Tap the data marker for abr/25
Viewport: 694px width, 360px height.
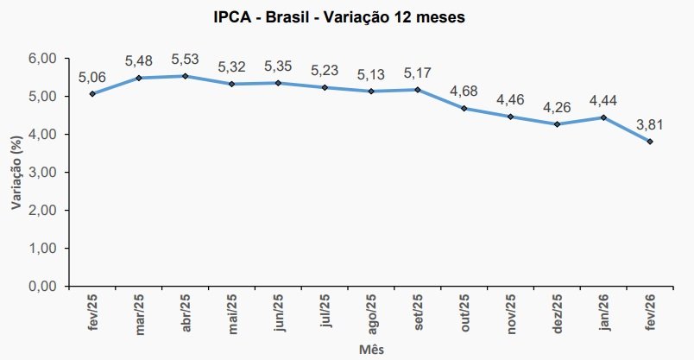pyautogui.click(x=185, y=76)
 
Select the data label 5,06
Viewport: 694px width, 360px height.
pyautogui.click(x=92, y=76)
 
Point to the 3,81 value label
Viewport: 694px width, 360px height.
pyautogui.click(x=650, y=123)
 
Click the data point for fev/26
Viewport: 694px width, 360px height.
pyautogui.click(x=650, y=142)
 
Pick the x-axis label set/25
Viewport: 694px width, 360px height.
pyautogui.click(x=417, y=312)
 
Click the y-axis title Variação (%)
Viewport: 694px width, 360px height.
pyautogui.click(x=16, y=173)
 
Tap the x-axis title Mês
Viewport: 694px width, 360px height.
pyautogui.click(x=371, y=350)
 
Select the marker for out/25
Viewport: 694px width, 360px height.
pyautogui.click(x=464, y=109)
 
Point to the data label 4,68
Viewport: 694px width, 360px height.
pyautogui.click(x=464, y=91)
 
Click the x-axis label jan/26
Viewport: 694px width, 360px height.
pyautogui.click(x=603, y=312)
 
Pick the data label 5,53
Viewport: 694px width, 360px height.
pyautogui.click(x=185, y=59)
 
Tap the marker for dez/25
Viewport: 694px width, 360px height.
pyautogui.click(x=557, y=124)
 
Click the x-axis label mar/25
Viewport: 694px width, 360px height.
pyautogui.click(x=138, y=312)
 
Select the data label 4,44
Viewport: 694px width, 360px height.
pyautogui.click(x=603, y=100)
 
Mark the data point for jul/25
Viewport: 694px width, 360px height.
pyautogui.click(x=325, y=87)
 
